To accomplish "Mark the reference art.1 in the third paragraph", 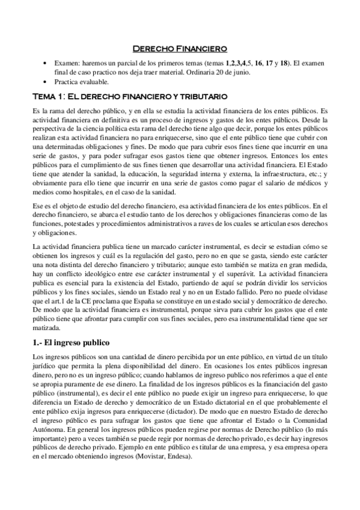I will (x=50, y=303).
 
